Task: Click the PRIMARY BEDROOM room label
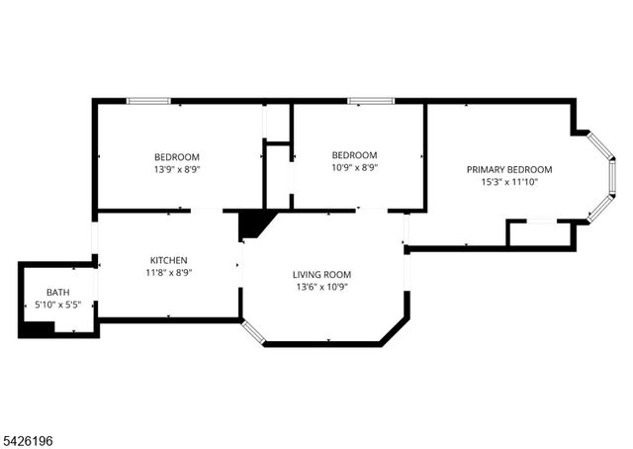pyautogui.click(x=509, y=169)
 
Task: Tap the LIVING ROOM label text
pyautogui.click(x=321, y=274)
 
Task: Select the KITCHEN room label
pyautogui.click(x=169, y=259)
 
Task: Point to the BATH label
pyautogui.click(x=58, y=293)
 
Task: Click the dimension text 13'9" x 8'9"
pyautogui.click(x=177, y=169)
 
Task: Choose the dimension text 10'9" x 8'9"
pyautogui.click(x=354, y=167)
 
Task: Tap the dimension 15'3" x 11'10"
pyautogui.click(x=509, y=182)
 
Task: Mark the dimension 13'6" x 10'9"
pyautogui.click(x=321, y=287)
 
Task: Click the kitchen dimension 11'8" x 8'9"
pyautogui.click(x=169, y=272)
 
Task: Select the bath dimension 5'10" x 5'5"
pyautogui.click(x=58, y=305)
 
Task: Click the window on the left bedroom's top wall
pyautogui.click(x=147, y=100)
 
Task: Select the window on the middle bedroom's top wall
pyautogui.click(x=370, y=100)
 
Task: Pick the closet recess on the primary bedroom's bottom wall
pyautogui.click(x=539, y=233)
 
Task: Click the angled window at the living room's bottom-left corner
pyautogui.click(x=253, y=331)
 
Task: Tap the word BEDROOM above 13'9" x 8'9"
pyautogui.click(x=177, y=157)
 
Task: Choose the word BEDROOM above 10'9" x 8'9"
pyautogui.click(x=354, y=155)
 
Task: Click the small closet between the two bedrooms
pyautogui.click(x=277, y=176)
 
